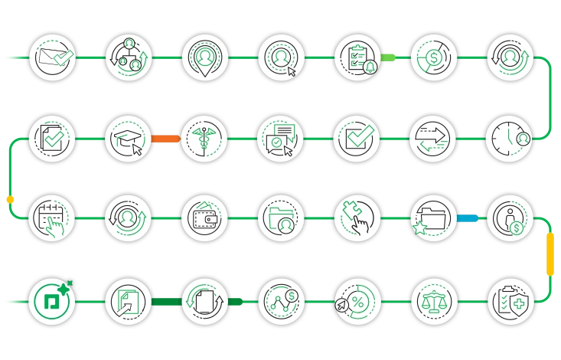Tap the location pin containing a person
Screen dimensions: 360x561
[205, 58]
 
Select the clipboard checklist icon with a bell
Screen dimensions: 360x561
[357, 58]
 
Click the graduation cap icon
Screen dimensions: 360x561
[129, 139]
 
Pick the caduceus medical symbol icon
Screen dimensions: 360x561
[205, 139]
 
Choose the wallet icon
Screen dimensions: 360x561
[205, 218]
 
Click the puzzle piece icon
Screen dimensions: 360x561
[357, 218]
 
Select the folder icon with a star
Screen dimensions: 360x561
[434, 218]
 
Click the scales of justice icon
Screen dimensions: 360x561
[434, 301]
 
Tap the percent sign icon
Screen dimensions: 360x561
[357, 301]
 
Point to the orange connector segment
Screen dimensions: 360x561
[165, 139]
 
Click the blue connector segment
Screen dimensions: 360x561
[468, 218]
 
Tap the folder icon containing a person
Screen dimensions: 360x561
[281, 218]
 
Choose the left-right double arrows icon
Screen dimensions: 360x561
[434, 139]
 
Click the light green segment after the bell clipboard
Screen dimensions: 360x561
[390, 57]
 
